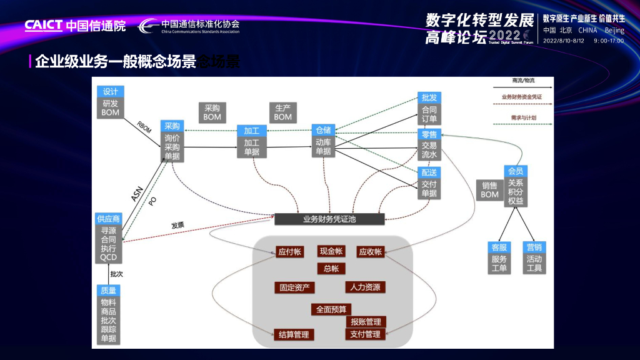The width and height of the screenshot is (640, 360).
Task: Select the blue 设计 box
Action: [111, 91]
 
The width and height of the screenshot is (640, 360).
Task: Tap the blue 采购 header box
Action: [172, 126]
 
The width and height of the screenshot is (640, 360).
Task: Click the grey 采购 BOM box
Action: [212, 112]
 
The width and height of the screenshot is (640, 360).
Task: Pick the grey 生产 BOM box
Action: [282, 112]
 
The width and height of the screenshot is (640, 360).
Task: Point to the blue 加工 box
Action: [252, 131]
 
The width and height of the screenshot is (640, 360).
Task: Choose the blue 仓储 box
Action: [324, 130]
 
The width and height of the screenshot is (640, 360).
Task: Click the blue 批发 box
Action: [429, 97]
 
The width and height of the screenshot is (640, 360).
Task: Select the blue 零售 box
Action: [429, 134]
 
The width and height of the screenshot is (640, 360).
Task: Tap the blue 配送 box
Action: [429, 172]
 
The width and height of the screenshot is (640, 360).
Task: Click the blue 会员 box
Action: [516, 171]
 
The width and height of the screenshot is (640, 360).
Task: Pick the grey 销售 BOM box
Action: [489, 190]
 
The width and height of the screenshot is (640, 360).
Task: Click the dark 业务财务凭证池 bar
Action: [329, 219]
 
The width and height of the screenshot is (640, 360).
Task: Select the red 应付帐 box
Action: [289, 252]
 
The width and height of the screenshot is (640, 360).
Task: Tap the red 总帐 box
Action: [331, 269]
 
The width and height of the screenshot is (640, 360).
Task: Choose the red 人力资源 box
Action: [365, 287]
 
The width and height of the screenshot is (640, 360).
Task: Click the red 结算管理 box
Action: [294, 334]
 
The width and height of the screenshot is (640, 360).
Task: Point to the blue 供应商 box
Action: [108, 219]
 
